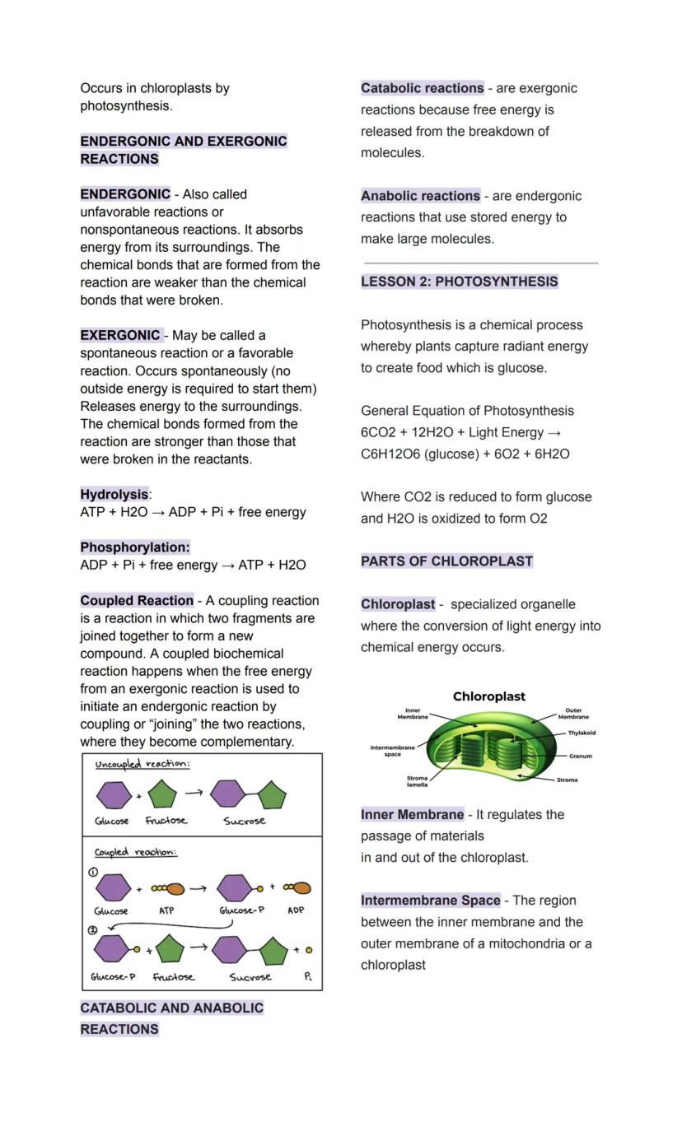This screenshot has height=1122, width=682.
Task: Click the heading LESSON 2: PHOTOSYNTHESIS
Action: click(x=459, y=282)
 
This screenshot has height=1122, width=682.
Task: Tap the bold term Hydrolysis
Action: click(x=114, y=494)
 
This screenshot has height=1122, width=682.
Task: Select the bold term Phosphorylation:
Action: click(x=135, y=547)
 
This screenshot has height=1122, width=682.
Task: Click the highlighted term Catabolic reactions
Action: click(x=422, y=88)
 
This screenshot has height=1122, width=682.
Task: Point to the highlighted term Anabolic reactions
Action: click(x=420, y=196)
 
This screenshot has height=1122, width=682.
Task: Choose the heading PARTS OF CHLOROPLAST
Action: click(x=446, y=561)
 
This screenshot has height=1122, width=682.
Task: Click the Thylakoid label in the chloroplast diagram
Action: click(x=582, y=733)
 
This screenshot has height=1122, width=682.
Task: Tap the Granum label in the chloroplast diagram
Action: click(x=580, y=756)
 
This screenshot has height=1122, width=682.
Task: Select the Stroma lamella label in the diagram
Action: click(x=418, y=781)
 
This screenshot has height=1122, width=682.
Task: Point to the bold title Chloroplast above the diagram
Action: click(x=488, y=696)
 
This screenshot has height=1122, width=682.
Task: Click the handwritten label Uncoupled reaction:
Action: click(x=142, y=764)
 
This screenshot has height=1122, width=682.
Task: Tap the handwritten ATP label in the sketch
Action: click(x=166, y=910)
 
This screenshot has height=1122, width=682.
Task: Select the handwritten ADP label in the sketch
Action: click(x=296, y=910)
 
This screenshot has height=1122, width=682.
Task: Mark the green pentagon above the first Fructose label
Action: click(x=162, y=795)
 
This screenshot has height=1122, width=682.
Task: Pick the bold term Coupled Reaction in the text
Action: click(x=137, y=600)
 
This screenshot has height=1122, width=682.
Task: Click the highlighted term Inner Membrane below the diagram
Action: click(x=412, y=814)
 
